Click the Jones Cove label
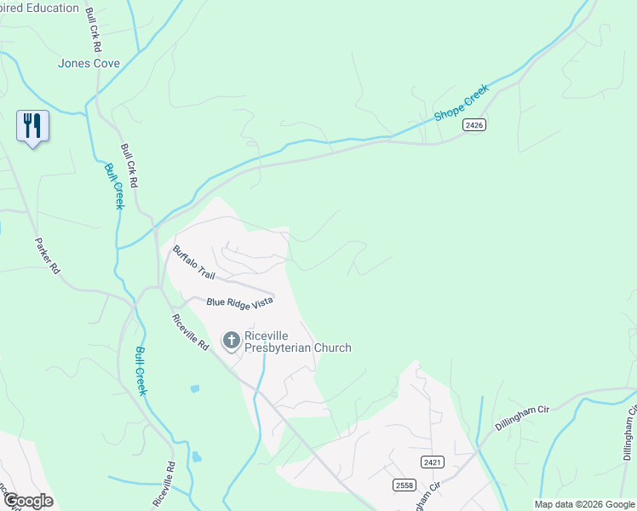pyautogui.click(x=89, y=63)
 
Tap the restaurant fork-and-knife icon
pyautogui.click(x=32, y=126)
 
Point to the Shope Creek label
pyautogui.click(x=462, y=102)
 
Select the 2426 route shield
pyautogui.click(x=474, y=125)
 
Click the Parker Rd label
pyautogui.click(x=48, y=255)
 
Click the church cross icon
pyautogui.click(x=230, y=342)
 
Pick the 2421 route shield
pyautogui.click(x=433, y=462)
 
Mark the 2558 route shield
pyautogui.click(x=405, y=485)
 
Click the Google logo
pyautogui.click(x=27, y=501)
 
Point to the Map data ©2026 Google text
pyautogui.click(x=584, y=504)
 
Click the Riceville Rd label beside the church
pyautogui.click(x=190, y=333)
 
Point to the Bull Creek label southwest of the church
pyautogui.click(x=141, y=371)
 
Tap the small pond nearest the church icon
pyautogui.click(x=195, y=388)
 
